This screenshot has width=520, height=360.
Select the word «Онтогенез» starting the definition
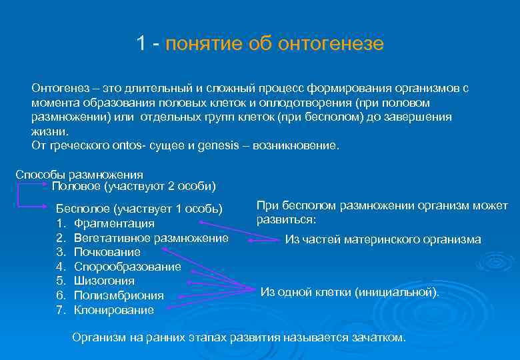[59, 88]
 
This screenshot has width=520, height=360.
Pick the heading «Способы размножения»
[79, 175]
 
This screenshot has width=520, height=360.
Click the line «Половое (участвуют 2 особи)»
[133, 186]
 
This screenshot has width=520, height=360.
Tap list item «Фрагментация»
[114, 223]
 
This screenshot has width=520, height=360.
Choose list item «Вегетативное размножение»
[151, 238]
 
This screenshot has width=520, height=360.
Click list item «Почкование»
[107, 252]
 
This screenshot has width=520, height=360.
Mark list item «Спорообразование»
[127, 267]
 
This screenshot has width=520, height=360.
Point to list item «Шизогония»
[104, 281]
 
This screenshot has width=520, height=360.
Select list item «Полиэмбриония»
[119, 295]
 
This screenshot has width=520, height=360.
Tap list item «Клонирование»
[114, 310]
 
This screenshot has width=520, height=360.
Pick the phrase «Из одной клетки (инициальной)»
[350, 292]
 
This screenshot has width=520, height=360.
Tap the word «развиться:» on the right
[286, 220]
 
